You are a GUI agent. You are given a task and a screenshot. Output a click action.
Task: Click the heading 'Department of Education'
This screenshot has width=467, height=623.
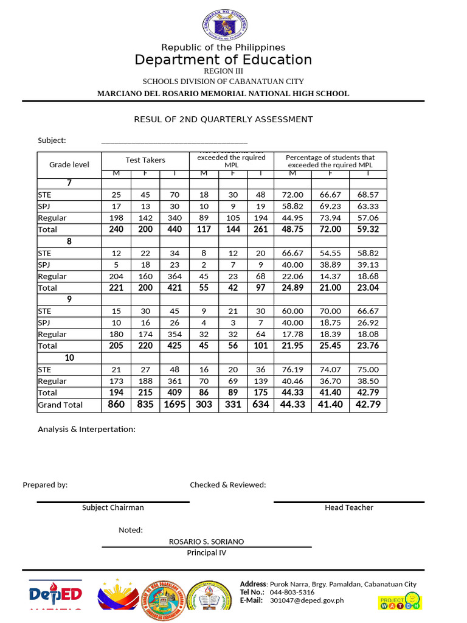pyautogui.click(x=223, y=60)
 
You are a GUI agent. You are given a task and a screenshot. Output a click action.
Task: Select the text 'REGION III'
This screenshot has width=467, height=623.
pyautogui.click(x=223, y=71)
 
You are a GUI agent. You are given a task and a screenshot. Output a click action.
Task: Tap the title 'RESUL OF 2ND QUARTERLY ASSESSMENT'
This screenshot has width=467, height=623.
pyautogui.click(x=223, y=119)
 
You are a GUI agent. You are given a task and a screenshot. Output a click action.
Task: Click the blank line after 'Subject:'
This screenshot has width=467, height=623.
pyautogui.click(x=174, y=141)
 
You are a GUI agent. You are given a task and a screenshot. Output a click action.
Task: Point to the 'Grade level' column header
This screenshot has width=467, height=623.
pyautogui.click(x=69, y=164)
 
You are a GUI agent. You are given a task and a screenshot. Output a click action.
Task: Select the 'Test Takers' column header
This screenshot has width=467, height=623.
pyautogui.click(x=145, y=160)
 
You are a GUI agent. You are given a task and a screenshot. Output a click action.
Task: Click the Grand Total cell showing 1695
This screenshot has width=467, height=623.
pyautogui.click(x=175, y=405)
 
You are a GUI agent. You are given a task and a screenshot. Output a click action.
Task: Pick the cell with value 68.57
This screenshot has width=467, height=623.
pyautogui.click(x=368, y=195)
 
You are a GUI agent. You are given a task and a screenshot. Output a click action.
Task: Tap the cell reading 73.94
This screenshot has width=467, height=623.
pyautogui.click(x=330, y=218)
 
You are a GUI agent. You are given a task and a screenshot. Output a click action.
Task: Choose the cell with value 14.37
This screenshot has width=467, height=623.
pyautogui.click(x=330, y=276)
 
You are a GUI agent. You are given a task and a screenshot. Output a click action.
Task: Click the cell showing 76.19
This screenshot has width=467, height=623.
pyautogui.click(x=292, y=369)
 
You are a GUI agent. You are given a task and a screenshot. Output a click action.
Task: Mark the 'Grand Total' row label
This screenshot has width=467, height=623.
pyautogui.click(x=60, y=405)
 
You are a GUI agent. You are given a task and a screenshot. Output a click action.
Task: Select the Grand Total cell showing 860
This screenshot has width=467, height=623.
pyautogui.click(x=116, y=405)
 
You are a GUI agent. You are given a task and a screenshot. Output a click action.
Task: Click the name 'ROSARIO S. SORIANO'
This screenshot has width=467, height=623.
pyautogui.click(x=206, y=541)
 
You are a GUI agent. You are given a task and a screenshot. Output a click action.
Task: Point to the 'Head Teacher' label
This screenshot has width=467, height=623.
pyautogui.click(x=349, y=507)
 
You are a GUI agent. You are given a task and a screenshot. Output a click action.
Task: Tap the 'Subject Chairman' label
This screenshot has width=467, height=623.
pyautogui.click(x=113, y=507)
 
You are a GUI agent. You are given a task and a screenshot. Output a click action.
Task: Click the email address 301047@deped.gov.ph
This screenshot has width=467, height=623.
pyautogui.click(x=306, y=600)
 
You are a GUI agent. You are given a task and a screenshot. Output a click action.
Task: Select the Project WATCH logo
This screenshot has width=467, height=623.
pyautogui.click(x=400, y=600)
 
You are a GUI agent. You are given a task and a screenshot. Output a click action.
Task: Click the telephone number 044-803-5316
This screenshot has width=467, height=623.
pyautogui.click(x=292, y=592)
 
